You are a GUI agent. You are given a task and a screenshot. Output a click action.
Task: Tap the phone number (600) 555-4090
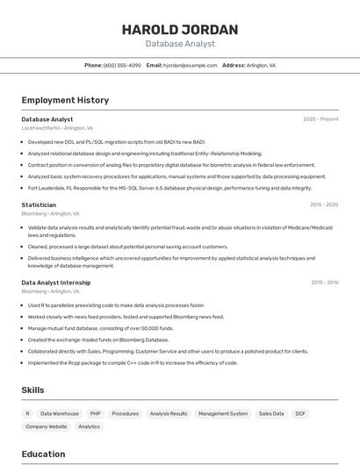click(x=122, y=65)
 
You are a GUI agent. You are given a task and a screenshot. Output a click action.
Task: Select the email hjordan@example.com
click(x=190, y=65)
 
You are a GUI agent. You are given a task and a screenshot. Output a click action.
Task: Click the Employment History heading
click(x=65, y=100)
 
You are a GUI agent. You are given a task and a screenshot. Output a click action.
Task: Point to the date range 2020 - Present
click(x=320, y=118)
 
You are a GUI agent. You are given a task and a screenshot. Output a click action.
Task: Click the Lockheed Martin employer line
click(x=53, y=127)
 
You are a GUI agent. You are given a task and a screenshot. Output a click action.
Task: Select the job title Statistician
click(x=39, y=204)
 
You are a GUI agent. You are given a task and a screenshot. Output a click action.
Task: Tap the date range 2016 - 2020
click(x=323, y=204)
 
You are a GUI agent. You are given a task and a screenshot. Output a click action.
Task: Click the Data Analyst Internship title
click(x=56, y=283)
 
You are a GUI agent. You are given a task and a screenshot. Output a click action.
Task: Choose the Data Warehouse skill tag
click(x=59, y=413)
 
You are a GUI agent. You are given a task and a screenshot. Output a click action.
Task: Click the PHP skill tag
click(x=95, y=413)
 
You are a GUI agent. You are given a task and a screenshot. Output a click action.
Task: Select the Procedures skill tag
click(x=125, y=413)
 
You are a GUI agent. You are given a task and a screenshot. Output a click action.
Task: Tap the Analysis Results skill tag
click(x=169, y=413)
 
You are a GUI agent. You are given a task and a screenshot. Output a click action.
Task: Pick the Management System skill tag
click(x=222, y=413)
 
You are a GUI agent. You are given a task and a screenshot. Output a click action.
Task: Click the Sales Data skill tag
click(x=270, y=413)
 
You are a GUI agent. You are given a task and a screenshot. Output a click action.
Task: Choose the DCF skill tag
click(x=300, y=413)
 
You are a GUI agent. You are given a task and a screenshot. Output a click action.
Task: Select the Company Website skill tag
click(x=46, y=426)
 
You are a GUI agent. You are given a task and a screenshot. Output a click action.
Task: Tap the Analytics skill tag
click(x=89, y=426)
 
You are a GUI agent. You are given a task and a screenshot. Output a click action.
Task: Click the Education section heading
click(x=43, y=454)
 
